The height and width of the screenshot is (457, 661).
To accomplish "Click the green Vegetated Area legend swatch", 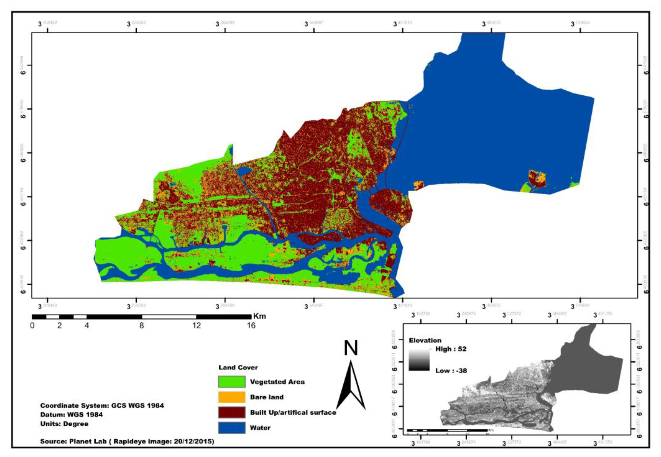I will [x=231, y=382].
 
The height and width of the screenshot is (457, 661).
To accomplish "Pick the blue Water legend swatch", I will [x=231, y=428].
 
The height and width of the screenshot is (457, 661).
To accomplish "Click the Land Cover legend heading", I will [x=238, y=367].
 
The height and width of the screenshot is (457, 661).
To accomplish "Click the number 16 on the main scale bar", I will [x=251, y=326].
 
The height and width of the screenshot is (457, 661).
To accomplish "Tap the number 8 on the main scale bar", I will [x=141, y=326].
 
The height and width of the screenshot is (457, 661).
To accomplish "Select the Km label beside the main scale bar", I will [x=259, y=316].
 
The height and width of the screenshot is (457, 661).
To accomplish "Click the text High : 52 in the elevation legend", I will [x=451, y=349].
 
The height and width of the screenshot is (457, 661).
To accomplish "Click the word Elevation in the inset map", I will [x=425, y=340].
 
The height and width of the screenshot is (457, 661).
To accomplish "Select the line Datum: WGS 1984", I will [x=71, y=415].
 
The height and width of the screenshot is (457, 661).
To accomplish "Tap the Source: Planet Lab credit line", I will [x=127, y=441].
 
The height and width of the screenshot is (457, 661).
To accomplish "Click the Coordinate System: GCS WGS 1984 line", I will [x=102, y=405].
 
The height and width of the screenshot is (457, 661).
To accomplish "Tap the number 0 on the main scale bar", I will [x=32, y=326].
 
